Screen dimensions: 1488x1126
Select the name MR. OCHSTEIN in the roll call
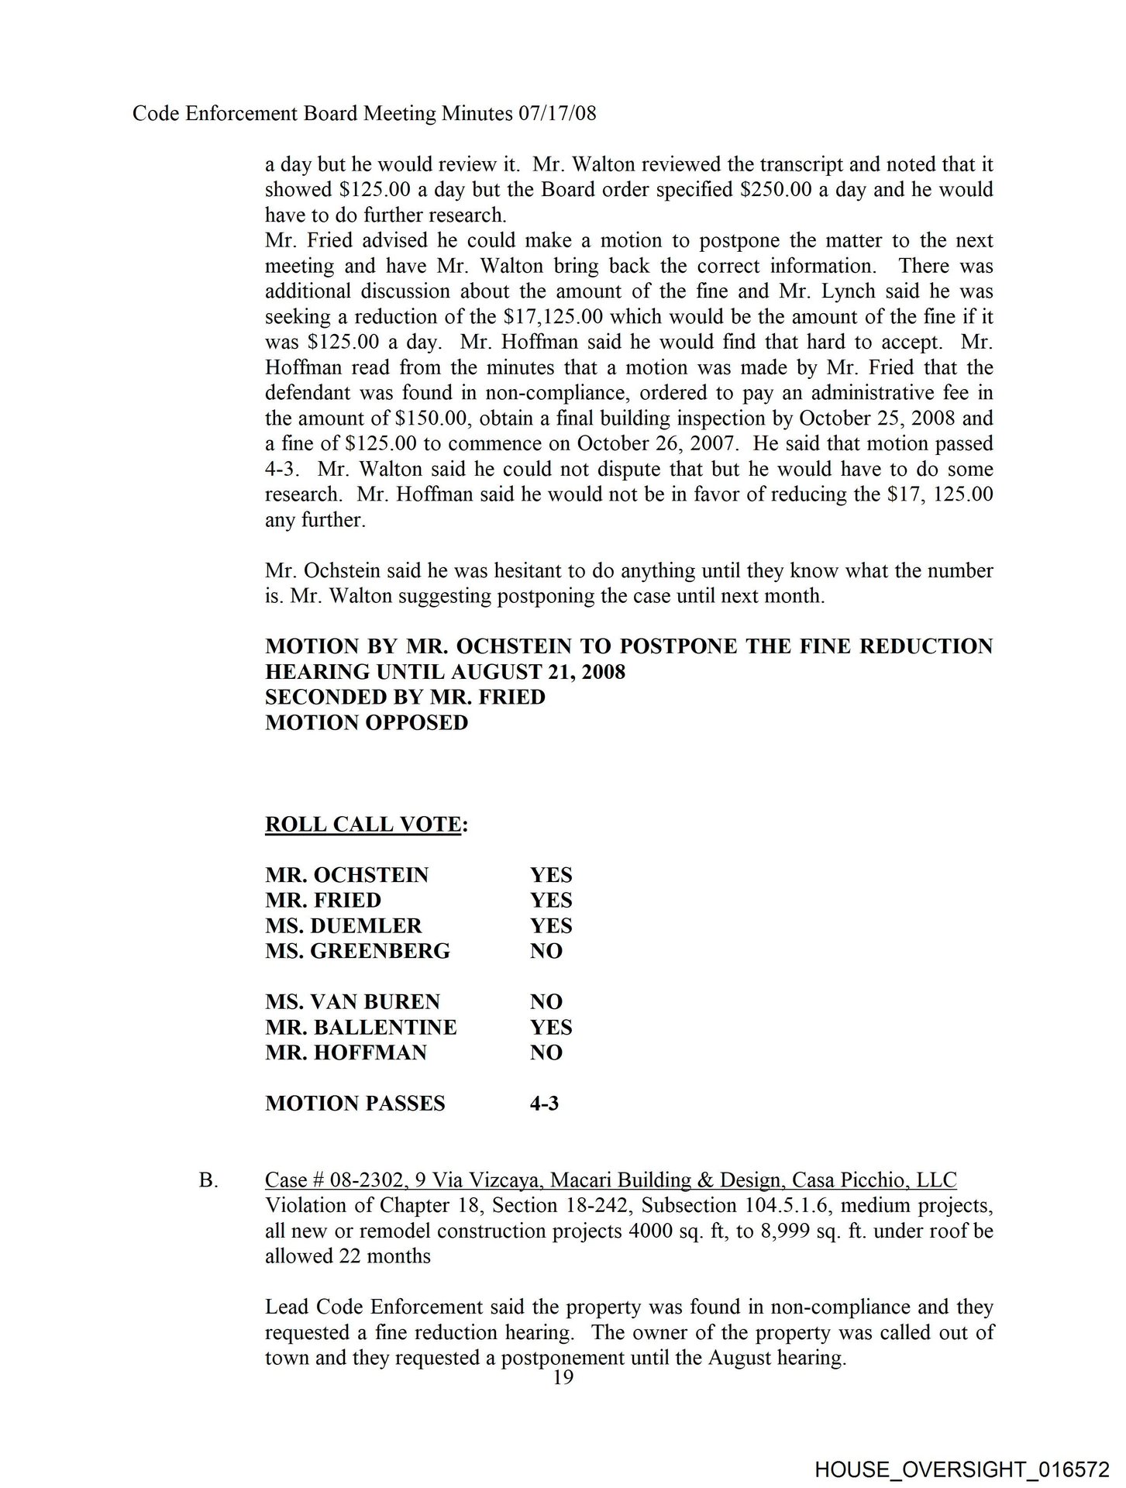click(346, 875)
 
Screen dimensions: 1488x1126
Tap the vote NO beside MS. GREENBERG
click(546, 951)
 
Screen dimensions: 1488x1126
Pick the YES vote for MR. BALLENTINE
click(551, 1027)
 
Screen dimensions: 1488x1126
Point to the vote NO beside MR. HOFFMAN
click(546, 1052)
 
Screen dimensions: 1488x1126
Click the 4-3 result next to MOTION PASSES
click(544, 1104)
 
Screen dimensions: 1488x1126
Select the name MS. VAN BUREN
click(352, 1001)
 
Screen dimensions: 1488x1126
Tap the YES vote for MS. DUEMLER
click(551, 926)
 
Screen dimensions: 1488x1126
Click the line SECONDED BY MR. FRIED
click(405, 697)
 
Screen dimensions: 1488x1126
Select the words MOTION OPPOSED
click(367, 722)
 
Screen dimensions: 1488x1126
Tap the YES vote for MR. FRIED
click(551, 901)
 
